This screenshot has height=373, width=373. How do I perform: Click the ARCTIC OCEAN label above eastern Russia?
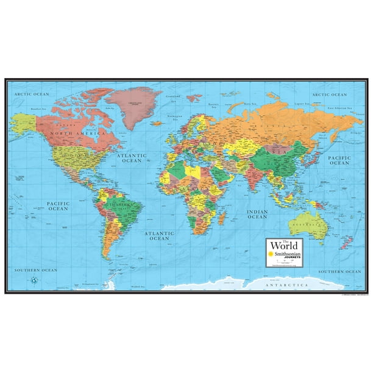[329, 95]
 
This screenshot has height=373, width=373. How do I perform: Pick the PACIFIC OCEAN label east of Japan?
[339, 160]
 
